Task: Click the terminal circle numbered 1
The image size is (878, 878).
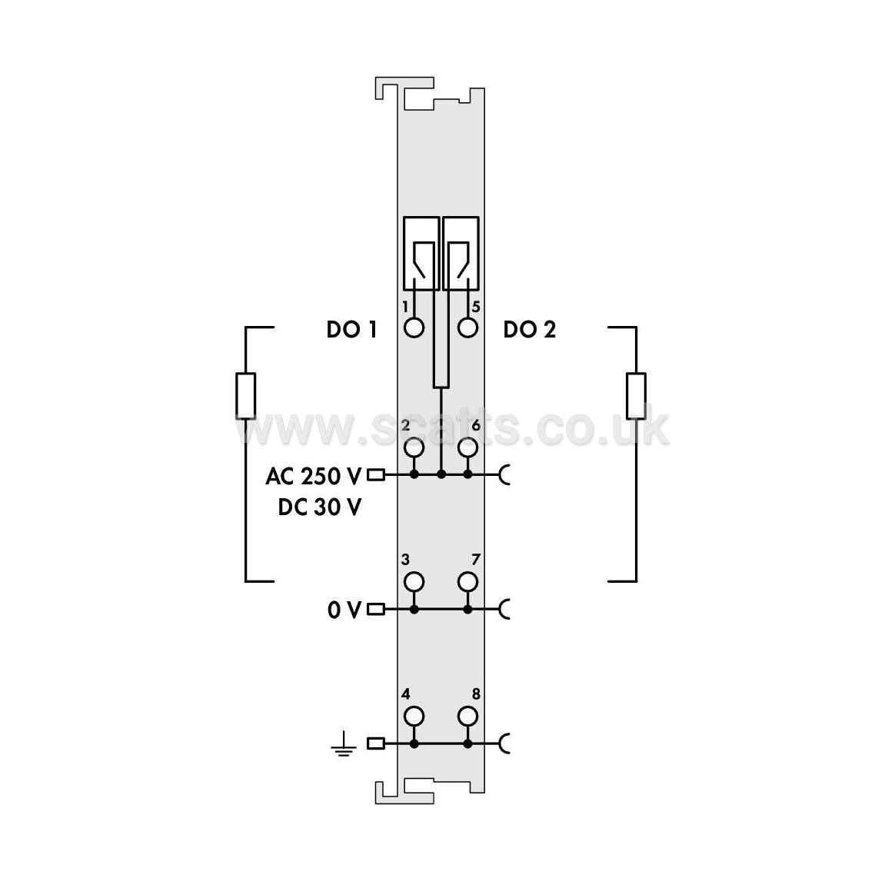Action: (414, 328)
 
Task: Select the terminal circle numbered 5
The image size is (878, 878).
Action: (467, 328)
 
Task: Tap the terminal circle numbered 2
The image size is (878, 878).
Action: (414, 447)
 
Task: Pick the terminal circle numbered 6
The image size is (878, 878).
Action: (467, 447)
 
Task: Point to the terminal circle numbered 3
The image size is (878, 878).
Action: (414, 582)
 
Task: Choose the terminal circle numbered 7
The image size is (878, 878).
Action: (467, 582)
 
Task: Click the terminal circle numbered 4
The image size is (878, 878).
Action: (414, 717)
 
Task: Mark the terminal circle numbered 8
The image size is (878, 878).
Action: (467, 717)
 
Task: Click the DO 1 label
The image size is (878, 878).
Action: (351, 329)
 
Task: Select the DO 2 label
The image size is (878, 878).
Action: (530, 329)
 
